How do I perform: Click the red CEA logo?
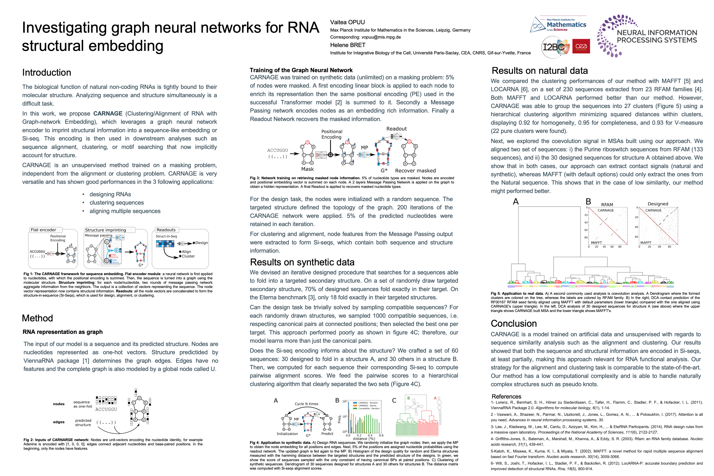tap(581, 46)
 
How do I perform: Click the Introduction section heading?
tap(47, 72)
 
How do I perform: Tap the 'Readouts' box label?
tap(166, 230)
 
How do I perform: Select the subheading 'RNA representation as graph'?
tap(63, 332)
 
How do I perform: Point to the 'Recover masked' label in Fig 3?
tap(415, 171)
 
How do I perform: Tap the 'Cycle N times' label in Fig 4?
tap(306, 404)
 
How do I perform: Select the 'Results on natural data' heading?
tap(540, 70)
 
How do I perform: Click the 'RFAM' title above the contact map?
tap(607, 205)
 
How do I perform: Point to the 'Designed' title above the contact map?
tap(658, 204)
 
